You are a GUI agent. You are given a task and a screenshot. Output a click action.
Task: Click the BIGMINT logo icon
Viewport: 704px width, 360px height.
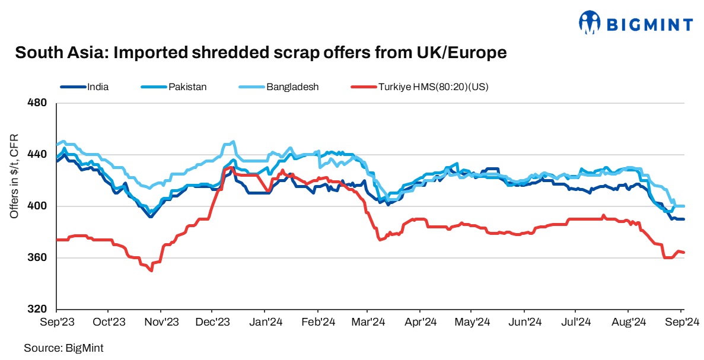[x=589, y=23]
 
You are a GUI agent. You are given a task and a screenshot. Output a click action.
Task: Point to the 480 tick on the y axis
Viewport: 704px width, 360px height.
[x=39, y=104]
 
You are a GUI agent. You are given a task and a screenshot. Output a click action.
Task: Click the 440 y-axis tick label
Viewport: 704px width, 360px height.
[x=39, y=155]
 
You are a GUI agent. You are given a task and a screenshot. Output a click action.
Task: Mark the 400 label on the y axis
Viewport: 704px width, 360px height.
[x=39, y=206]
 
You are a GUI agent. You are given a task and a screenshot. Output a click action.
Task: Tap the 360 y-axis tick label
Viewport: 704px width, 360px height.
[x=39, y=258]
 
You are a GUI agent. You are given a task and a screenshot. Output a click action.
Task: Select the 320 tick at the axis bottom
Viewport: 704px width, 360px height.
[x=39, y=310]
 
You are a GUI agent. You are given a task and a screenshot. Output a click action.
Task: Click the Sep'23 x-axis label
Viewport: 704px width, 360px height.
[x=56, y=322]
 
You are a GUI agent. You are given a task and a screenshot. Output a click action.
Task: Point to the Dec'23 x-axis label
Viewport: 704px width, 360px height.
[x=212, y=322]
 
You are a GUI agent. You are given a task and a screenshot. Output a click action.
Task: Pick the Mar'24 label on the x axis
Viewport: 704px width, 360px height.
[x=369, y=322]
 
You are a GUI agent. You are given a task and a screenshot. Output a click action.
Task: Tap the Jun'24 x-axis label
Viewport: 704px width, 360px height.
[x=525, y=322]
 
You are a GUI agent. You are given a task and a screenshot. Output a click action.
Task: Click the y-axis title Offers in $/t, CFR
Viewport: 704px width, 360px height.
[x=14, y=176]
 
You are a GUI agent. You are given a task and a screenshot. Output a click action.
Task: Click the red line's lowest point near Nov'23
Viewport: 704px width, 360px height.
[x=152, y=271]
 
